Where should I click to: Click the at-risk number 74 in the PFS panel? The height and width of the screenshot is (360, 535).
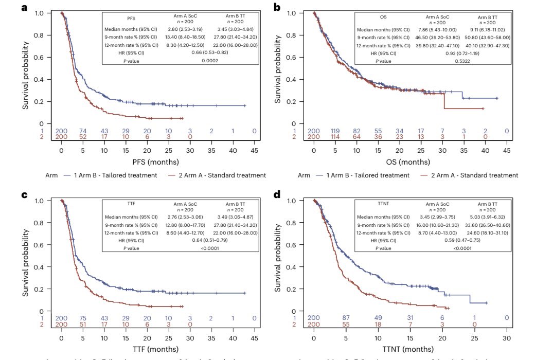point(83,131)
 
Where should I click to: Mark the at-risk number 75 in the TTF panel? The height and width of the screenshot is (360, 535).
point(83,318)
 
